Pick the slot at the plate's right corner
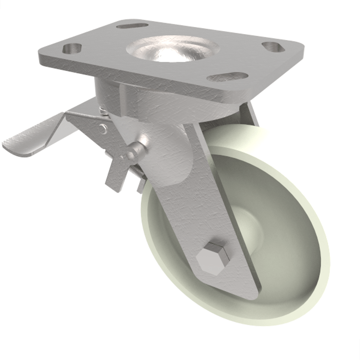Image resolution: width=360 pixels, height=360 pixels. [x=274, y=46]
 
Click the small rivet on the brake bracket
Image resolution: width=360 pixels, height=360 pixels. [x=104, y=129]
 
